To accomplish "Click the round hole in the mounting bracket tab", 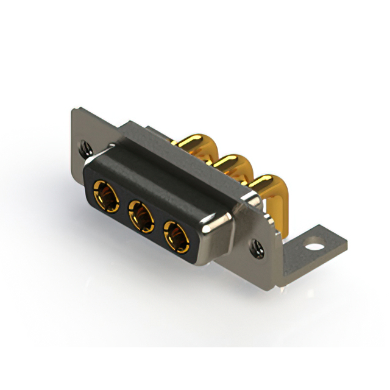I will click(314, 249).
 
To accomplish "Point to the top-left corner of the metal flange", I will click(73, 110).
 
